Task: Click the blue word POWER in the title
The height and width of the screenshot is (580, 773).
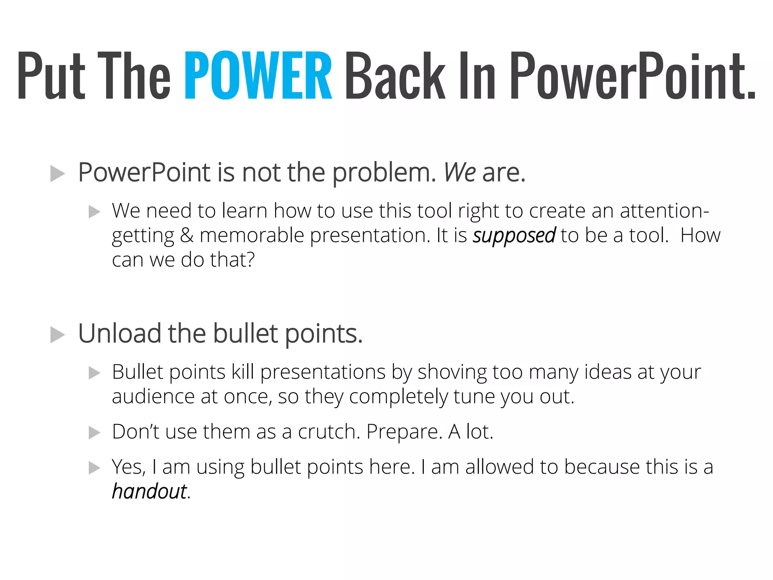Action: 258,76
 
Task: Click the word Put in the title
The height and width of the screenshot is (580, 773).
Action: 51,76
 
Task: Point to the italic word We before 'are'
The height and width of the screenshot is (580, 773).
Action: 459,172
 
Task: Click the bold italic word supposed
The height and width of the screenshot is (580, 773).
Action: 514,236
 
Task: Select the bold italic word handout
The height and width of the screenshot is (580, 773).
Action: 149,492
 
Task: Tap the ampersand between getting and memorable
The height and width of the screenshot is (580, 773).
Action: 187,235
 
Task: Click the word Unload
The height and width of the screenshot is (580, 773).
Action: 120,333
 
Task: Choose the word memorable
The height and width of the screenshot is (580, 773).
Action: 252,235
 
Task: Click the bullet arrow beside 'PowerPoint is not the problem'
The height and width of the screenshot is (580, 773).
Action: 57,174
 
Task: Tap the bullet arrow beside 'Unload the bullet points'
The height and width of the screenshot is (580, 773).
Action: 57,335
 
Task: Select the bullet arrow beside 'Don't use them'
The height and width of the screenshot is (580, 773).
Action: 94,433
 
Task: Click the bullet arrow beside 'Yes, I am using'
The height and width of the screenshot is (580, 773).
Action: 94,468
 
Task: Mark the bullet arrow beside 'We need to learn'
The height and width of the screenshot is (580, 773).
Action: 94,211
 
